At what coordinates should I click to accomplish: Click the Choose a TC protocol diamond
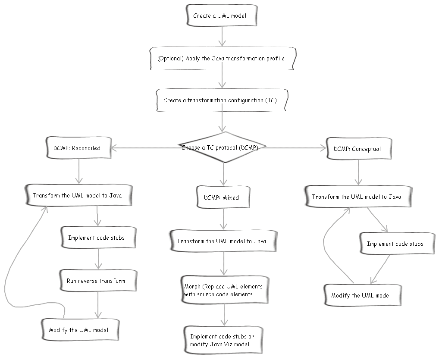[x=223, y=147]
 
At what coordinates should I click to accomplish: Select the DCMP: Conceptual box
[x=357, y=149]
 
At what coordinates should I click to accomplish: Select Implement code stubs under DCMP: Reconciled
[x=97, y=238]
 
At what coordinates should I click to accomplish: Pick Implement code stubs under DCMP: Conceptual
[x=395, y=244]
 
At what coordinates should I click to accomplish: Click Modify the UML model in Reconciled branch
[x=79, y=330]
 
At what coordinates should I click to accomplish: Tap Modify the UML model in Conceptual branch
[x=361, y=295]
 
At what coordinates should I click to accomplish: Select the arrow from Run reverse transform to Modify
[x=98, y=305]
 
